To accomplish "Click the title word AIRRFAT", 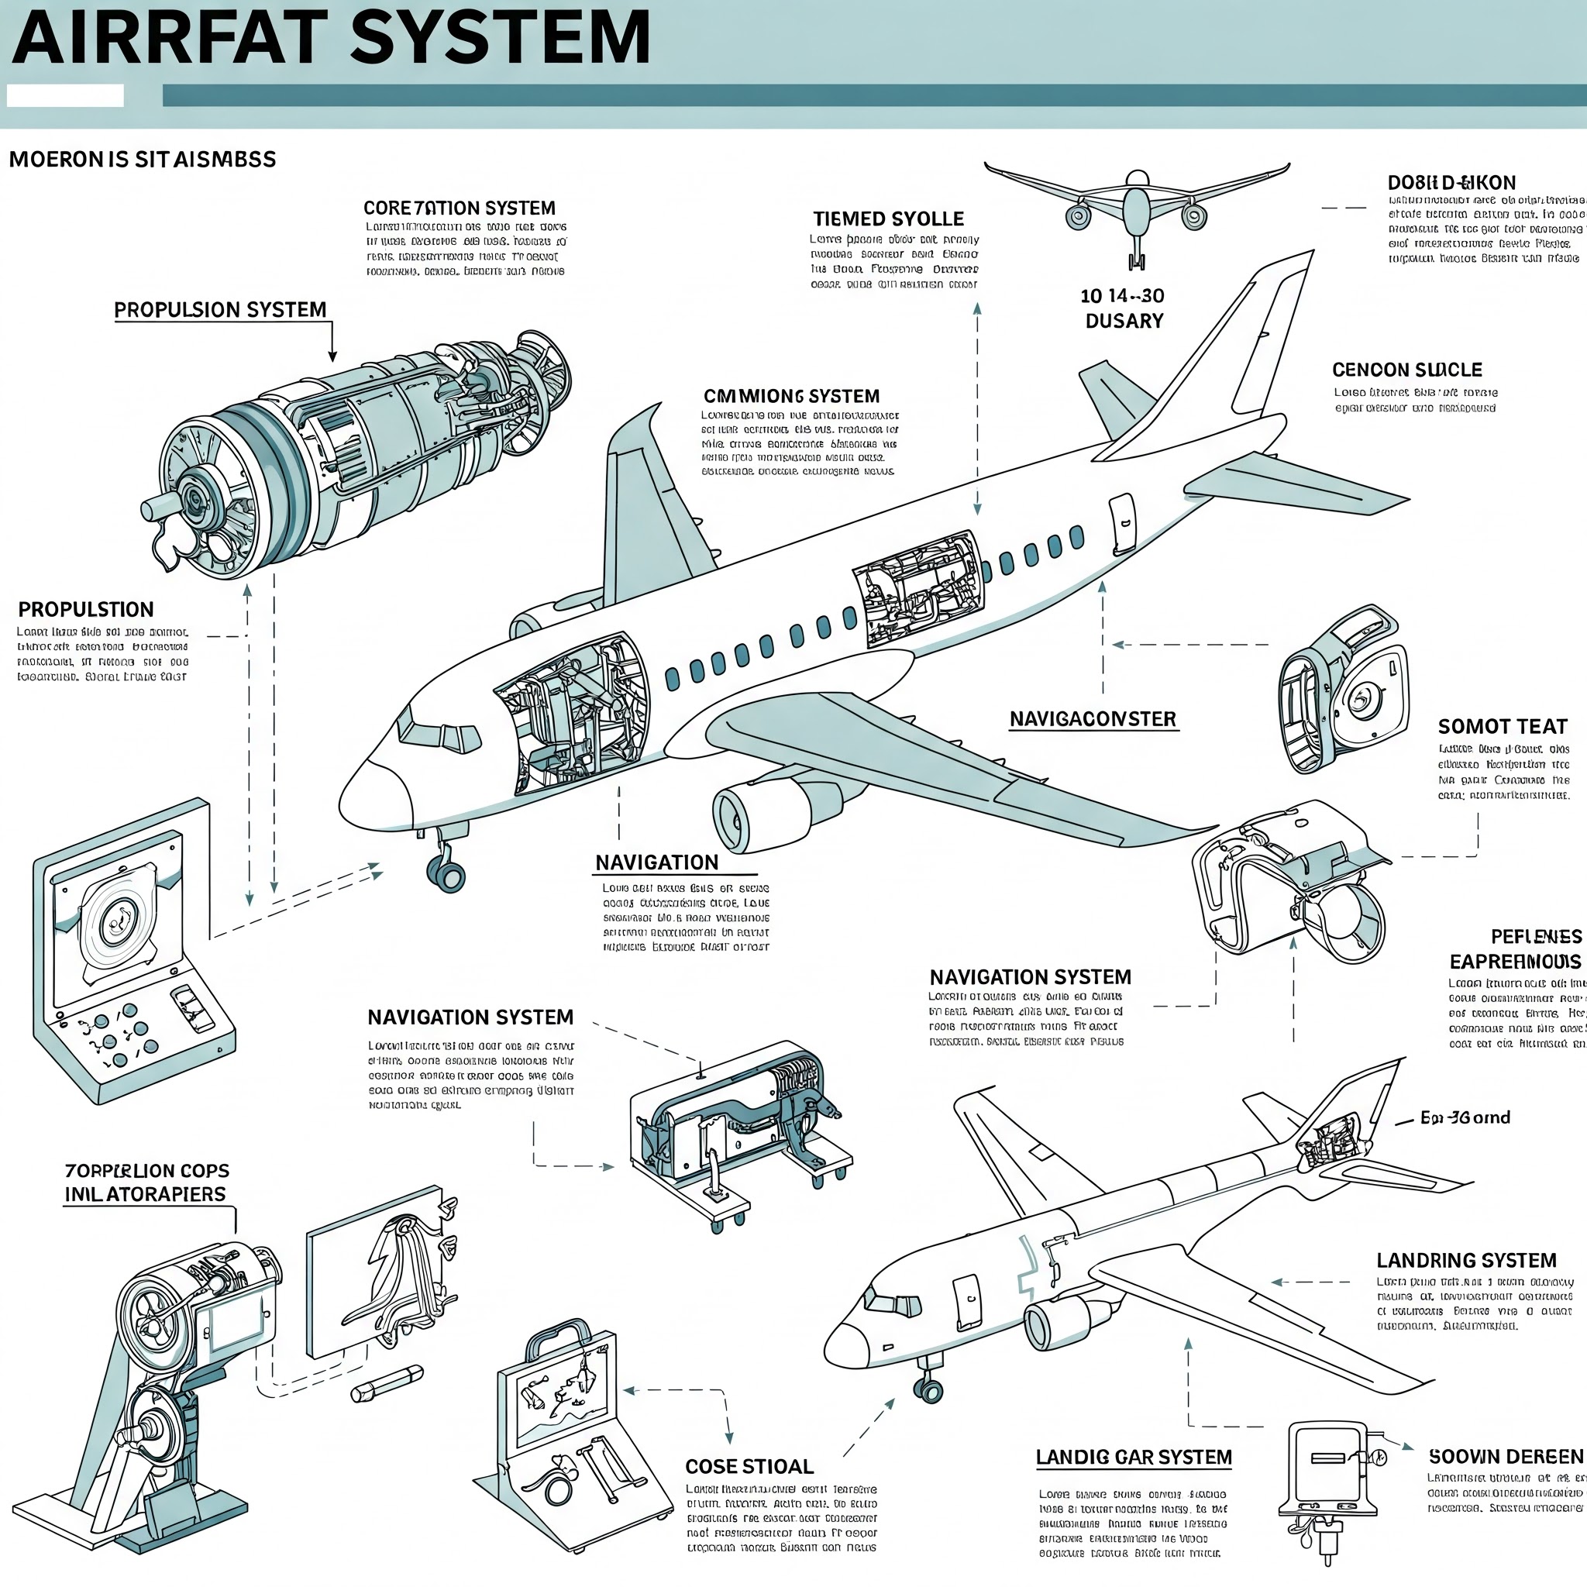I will tap(164, 39).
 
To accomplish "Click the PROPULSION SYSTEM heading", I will tap(220, 311).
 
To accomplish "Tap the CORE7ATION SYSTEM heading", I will tap(460, 208).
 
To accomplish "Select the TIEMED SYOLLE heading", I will tap(888, 219).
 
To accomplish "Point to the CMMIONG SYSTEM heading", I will tap(791, 396).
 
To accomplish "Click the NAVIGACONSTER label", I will tap(1093, 720).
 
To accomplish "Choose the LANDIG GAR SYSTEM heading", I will tap(1134, 1458).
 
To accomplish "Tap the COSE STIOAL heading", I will tap(749, 1466).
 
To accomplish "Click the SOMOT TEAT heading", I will tap(1503, 727).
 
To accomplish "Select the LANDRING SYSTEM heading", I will tap(1466, 1260).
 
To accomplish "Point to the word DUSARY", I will tap(1124, 321).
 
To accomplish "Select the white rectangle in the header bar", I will tap(65, 96).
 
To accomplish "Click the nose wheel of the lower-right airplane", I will tap(930, 1390).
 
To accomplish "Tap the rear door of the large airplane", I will tap(1122, 523).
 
